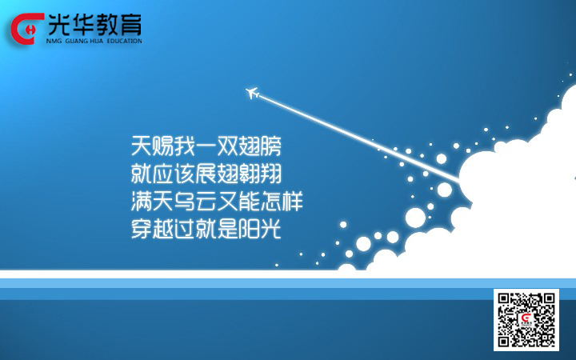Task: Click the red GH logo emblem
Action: tap(27, 29)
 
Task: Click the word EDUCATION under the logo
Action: tap(124, 41)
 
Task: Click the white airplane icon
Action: tap(252, 93)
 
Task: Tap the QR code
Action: tap(526, 319)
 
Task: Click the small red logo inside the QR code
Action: tap(526, 319)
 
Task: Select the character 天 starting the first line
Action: tap(142, 146)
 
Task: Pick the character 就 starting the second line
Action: tap(142, 174)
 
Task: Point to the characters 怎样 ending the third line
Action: tap(282, 202)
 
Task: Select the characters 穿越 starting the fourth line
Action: tap(152, 229)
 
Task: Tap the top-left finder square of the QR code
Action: tap(504, 298)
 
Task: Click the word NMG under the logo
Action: tap(54, 41)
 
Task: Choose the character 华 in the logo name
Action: tap(83, 25)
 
